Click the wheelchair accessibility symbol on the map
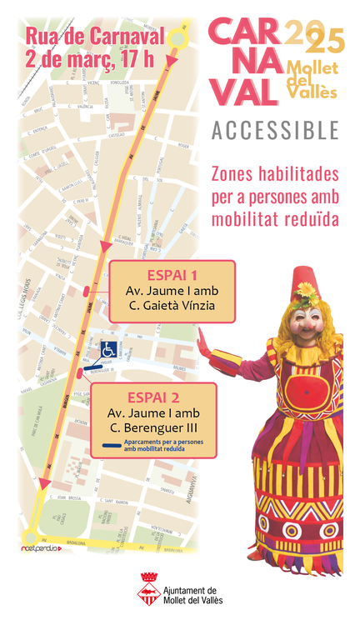point(107,351)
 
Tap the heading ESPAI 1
point(172,274)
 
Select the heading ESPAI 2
point(153,397)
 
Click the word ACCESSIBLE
point(275,131)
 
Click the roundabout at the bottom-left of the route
point(32,538)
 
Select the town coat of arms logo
point(149,587)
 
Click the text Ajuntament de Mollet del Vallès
point(194,593)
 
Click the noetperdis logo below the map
point(42,548)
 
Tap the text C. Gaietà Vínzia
point(172,305)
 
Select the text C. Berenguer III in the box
point(153,427)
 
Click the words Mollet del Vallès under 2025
point(311,78)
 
